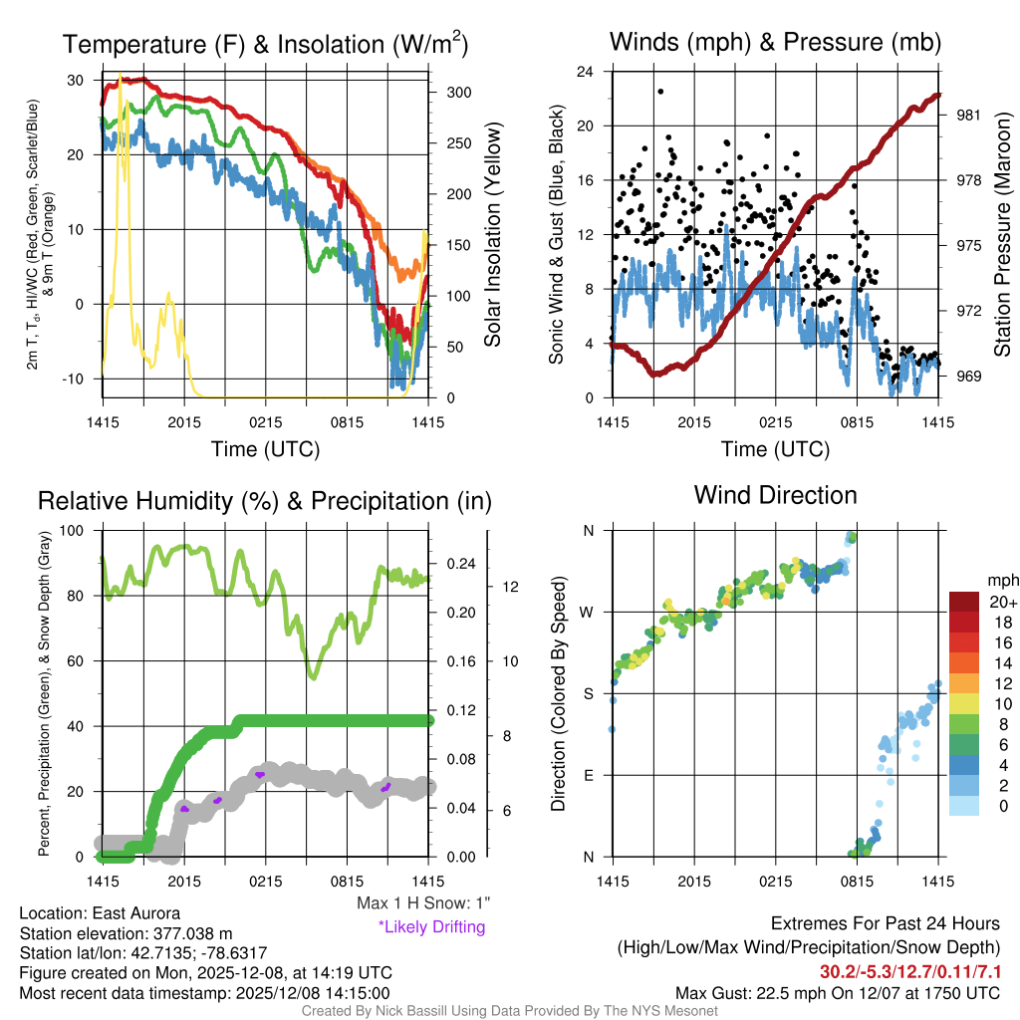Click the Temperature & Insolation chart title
tap(265, 44)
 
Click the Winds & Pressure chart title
tap(775, 42)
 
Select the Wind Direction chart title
tap(775, 495)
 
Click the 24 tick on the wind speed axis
tap(587, 72)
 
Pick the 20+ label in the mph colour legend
tap(1001, 602)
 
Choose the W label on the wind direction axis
tap(588, 612)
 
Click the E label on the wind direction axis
tap(588, 775)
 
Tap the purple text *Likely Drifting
tap(431, 927)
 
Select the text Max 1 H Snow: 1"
tap(423, 903)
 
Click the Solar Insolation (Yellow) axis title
tap(492, 235)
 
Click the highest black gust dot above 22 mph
tap(660, 92)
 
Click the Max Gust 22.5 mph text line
tap(838, 993)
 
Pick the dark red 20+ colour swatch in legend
tap(965, 602)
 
